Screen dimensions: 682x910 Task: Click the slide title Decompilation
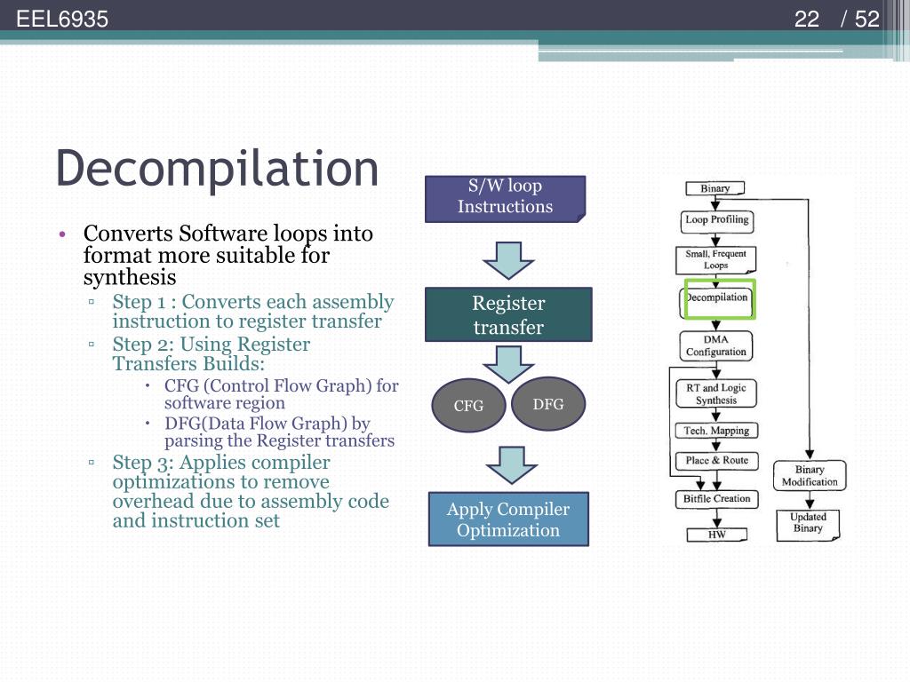tap(217, 168)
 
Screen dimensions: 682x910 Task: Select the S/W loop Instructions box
tap(505, 198)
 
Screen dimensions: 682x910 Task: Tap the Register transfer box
tap(508, 314)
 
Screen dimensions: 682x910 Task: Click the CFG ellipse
tap(468, 406)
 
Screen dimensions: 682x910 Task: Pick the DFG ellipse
tap(548, 404)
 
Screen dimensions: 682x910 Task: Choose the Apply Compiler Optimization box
tap(508, 519)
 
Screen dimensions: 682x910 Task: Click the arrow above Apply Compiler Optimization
tap(508, 464)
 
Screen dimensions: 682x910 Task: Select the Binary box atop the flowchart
tap(714, 188)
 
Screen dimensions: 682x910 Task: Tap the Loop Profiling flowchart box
tap(716, 220)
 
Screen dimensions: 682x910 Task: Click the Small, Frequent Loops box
tap(715, 259)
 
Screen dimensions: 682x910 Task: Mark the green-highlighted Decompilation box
tap(717, 298)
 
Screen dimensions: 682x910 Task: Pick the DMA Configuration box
tap(715, 345)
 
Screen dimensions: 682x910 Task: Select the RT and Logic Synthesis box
tap(715, 393)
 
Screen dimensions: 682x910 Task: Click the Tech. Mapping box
tap(716, 431)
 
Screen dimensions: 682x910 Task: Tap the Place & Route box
tap(716, 460)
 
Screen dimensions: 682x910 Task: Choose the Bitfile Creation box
tap(716, 499)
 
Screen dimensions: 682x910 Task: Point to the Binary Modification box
tap(810, 476)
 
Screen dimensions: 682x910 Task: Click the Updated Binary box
tap(808, 523)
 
